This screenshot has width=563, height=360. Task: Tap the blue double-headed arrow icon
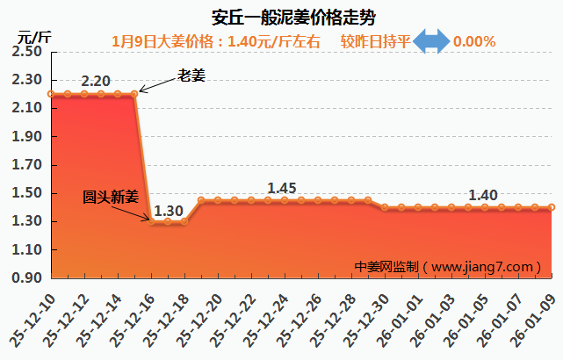(431, 40)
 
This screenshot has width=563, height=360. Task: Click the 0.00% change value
(475, 41)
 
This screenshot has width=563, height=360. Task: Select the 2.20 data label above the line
(95, 82)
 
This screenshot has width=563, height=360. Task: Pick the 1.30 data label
(168, 211)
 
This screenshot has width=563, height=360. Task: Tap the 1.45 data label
(283, 188)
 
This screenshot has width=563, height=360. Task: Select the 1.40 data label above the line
(483, 195)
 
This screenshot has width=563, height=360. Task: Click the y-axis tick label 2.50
(27, 52)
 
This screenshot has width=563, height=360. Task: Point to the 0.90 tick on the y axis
(27, 278)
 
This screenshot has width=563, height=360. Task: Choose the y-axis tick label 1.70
(27, 165)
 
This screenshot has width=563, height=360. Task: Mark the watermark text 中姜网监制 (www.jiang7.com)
(444, 266)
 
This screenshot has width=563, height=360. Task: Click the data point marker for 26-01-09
(552, 207)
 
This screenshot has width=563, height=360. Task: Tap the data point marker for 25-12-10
(51, 94)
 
